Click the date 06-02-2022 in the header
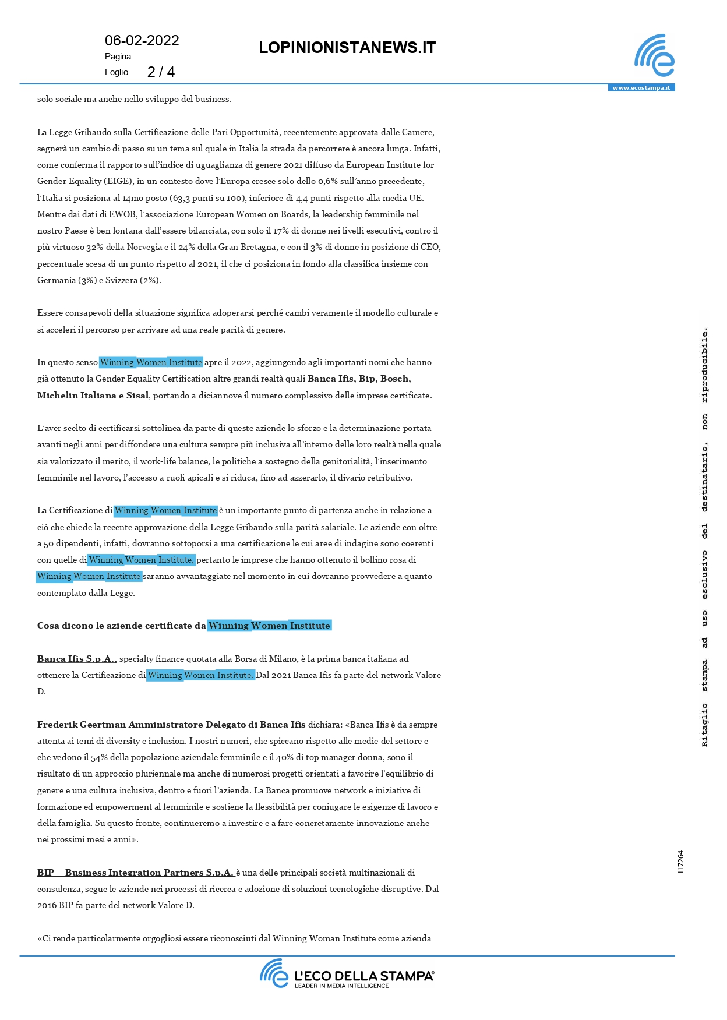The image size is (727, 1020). click(142, 40)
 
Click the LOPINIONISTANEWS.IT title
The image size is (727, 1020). click(347, 48)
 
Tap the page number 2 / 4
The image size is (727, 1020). click(161, 72)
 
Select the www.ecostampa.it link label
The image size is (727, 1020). click(641, 88)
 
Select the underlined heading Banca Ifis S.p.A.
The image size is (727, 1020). click(77, 659)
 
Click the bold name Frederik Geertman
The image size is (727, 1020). click(82, 725)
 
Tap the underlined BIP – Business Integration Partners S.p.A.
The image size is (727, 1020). click(135, 873)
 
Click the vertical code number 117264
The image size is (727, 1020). click(681, 862)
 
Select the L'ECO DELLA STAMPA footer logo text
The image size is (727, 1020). click(364, 976)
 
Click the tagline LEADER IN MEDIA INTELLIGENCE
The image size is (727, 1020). click(341, 986)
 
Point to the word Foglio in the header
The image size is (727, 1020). click(117, 72)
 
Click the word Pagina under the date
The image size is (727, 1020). click(118, 57)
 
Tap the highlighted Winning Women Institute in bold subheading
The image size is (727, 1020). click(269, 626)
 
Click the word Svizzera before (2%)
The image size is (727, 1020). click(122, 280)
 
